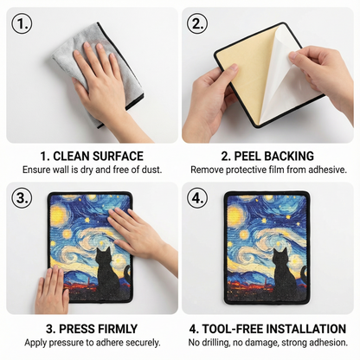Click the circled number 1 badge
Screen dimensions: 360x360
[x=22, y=24]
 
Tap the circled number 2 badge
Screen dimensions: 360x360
[x=197, y=24]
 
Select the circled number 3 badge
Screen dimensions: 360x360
[x=22, y=198]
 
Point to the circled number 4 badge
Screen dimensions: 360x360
[x=197, y=198]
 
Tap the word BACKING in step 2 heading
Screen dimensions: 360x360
[x=289, y=156]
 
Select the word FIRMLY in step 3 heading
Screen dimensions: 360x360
[x=119, y=329]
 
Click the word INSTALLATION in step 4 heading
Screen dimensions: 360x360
[x=305, y=329]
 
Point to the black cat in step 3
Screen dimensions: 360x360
[x=107, y=274]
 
